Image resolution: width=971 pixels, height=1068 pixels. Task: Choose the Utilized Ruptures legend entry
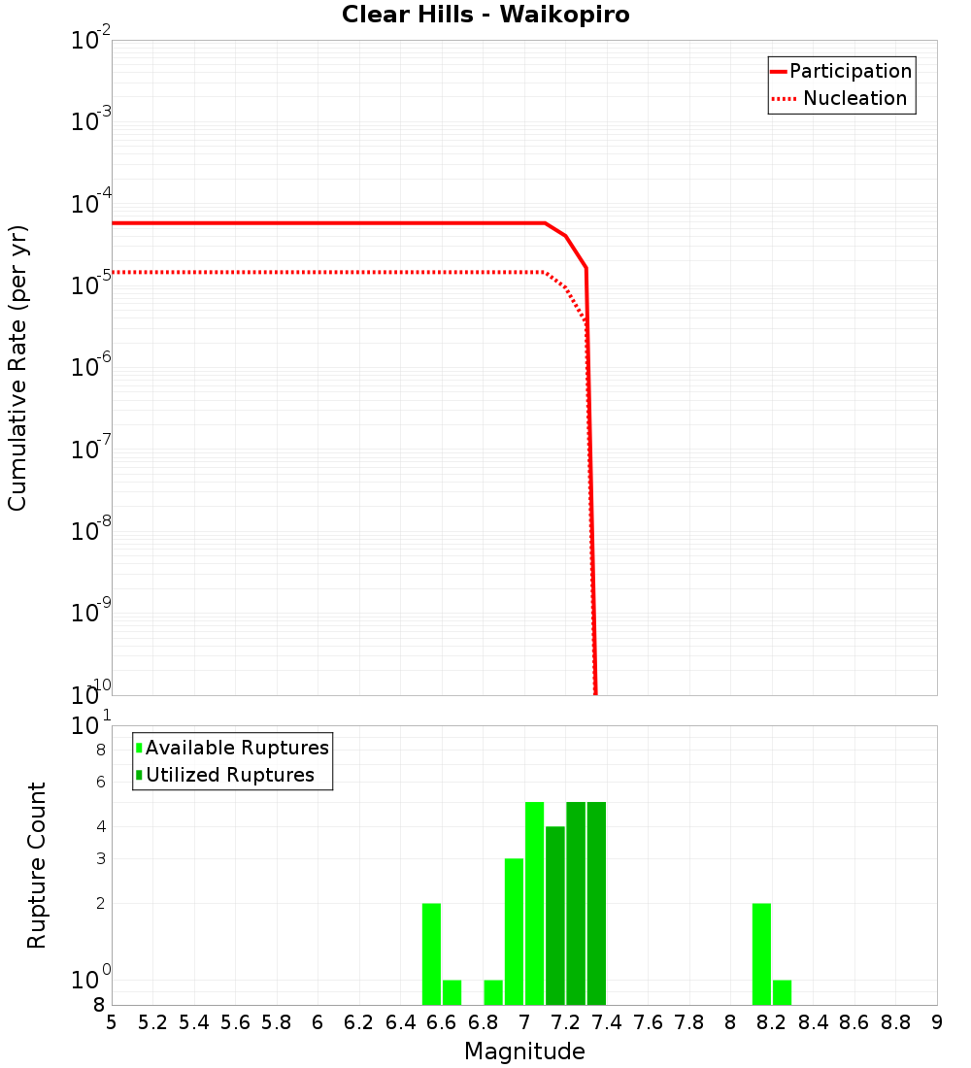[x=229, y=775]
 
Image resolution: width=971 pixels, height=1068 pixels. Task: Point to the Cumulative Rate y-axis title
[x=17, y=368]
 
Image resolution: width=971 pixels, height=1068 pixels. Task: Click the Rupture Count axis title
[x=37, y=865]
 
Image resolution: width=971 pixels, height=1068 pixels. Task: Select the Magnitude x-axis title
[x=524, y=1051]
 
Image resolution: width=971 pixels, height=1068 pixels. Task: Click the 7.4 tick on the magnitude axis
[x=607, y=1022]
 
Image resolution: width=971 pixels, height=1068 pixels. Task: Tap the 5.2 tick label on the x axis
[x=152, y=1022]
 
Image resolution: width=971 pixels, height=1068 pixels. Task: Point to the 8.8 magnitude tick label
[x=895, y=1022]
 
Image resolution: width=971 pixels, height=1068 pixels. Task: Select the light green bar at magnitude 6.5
[x=431, y=953]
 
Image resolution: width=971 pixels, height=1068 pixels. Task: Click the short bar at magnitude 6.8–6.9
[x=493, y=992]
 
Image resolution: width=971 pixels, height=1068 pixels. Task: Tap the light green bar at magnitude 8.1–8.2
[x=761, y=953]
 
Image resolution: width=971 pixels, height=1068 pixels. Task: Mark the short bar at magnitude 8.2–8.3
[x=782, y=992]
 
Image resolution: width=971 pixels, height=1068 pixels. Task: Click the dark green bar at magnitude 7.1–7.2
[x=555, y=916]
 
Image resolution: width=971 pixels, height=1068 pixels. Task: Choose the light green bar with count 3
[x=514, y=931]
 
